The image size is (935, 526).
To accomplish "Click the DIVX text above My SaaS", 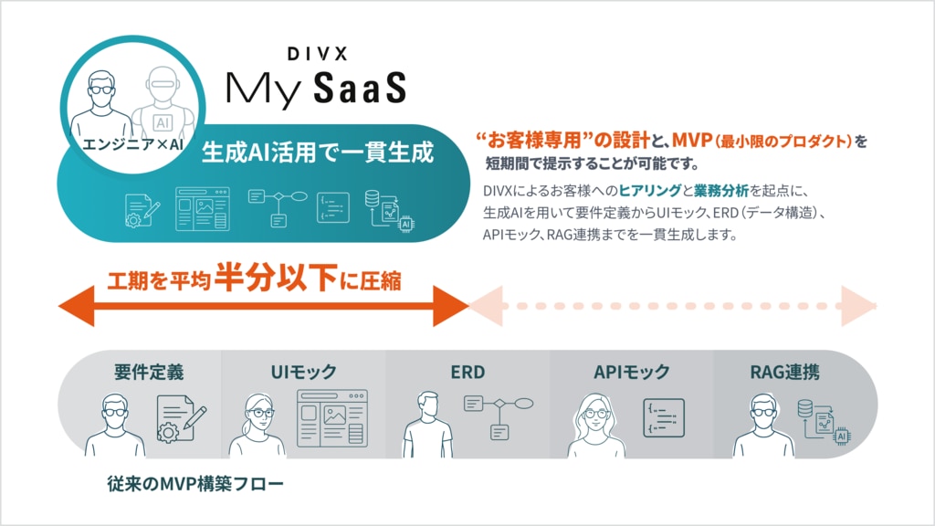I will [315, 56].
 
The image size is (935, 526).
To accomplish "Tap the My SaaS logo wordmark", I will [315, 88].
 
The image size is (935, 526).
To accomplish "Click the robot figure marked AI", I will [163, 105].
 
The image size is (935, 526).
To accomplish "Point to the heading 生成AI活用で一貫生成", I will [318, 152].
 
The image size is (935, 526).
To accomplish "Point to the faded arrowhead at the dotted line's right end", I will [858, 306].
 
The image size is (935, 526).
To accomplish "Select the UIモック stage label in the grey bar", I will [303, 372].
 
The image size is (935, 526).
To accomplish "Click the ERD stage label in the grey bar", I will [467, 372].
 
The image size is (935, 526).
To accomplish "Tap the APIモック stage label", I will [631, 372].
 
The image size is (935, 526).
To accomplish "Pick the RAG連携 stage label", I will [784, 372].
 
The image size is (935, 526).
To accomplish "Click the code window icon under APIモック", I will [664, 418].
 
